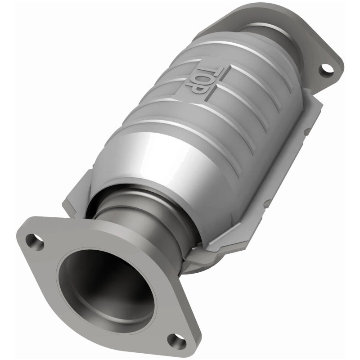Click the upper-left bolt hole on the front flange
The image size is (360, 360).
[35, 242]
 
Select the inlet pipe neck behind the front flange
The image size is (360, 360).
[135, 225]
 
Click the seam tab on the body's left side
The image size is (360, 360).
[74, 198]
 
